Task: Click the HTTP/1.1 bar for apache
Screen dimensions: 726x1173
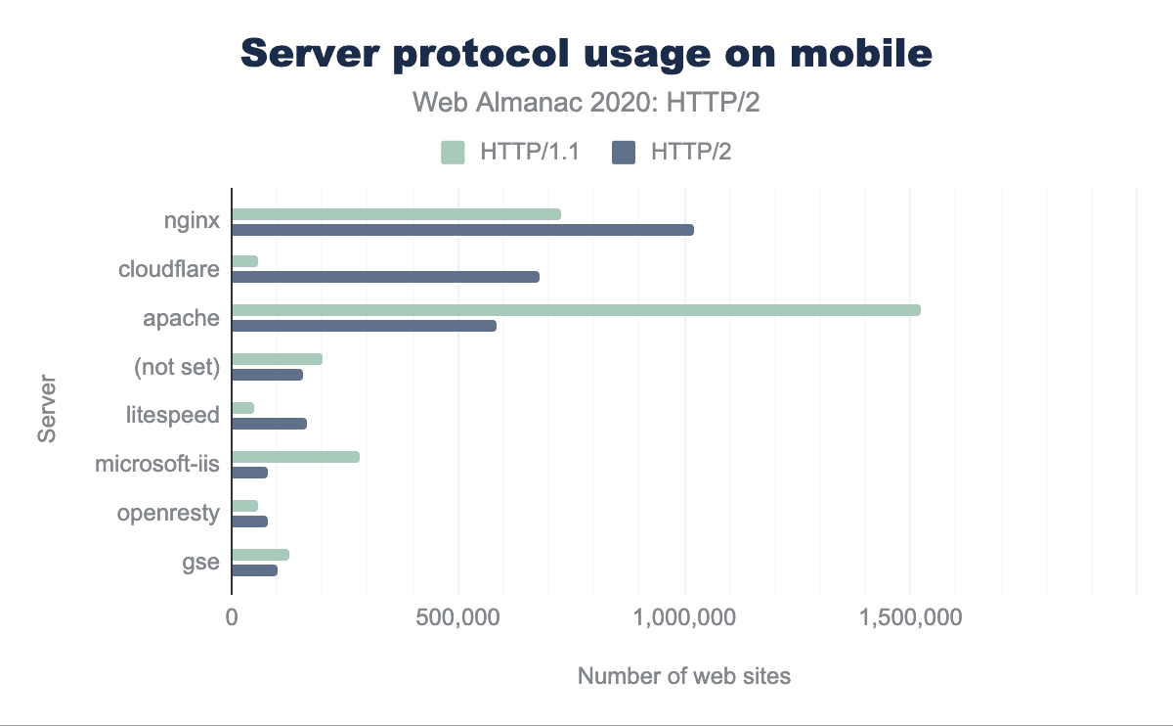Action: click(x=576, y=310)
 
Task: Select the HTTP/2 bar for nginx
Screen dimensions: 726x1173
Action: click(x=462, y=230)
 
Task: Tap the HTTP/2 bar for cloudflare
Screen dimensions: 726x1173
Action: click(x=385, y=277)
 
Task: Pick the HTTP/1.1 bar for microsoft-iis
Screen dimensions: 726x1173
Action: click(x=295, y=457)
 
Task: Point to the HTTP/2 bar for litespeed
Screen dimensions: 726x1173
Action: click(x=269, y=424)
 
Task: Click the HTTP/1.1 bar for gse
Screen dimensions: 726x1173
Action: click(x=260, y=555)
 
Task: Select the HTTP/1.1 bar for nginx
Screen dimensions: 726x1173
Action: click(x=396, y=214)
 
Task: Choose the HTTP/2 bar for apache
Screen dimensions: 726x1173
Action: click(x=364, y=326)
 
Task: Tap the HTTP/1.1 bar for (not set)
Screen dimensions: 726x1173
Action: click(x=277, y=359)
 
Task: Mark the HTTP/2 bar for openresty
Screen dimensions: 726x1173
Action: click(x=249, y=522)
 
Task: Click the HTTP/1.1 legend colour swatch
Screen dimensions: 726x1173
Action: click(x=453, y=153)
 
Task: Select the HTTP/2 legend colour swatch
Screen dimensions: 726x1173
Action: click(x=623, y=153)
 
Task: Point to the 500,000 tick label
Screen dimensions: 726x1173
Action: click(x=458, y=619)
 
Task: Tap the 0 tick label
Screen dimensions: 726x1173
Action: click(x=232, y=619)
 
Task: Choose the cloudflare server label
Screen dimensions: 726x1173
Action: click(x=168, y=269)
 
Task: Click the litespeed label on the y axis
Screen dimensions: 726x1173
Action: click(x=173, y=416)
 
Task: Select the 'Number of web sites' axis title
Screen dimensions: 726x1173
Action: click(x=683, y=676)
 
